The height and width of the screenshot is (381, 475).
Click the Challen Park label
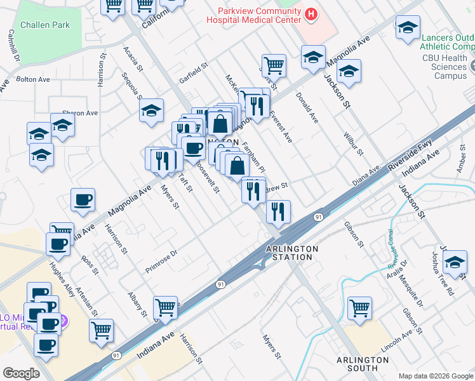click(x=44, y=25)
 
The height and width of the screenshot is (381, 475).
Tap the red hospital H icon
click(x=311, y=13)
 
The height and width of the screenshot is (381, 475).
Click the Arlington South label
click(x=363, y=364)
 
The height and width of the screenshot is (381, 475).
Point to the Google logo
click(x=21, y=373)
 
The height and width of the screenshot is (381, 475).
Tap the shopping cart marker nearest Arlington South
click(x=359, y=308)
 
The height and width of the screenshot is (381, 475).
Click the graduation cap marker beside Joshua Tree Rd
click(x=455, y=262)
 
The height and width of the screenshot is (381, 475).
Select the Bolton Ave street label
click(x=33, y=80)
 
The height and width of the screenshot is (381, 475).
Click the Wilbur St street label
click(x=352, y=144)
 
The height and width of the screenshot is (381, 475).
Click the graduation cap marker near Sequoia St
click(x=151, y=110)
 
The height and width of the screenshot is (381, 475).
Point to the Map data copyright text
click(x=435, y=375)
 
